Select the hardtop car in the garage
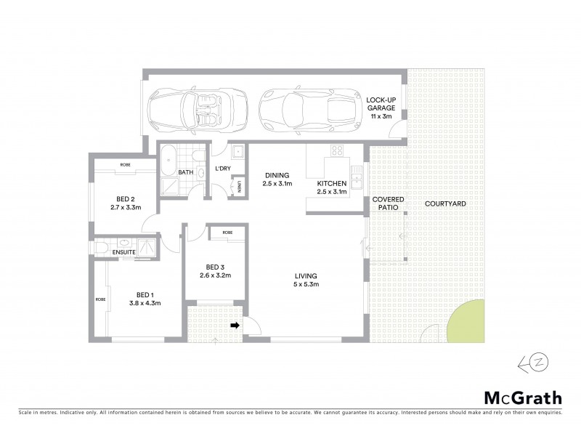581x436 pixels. coord(308,109)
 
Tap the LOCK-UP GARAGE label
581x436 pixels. coord(381,108)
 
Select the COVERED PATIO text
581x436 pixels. coord(388,203)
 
